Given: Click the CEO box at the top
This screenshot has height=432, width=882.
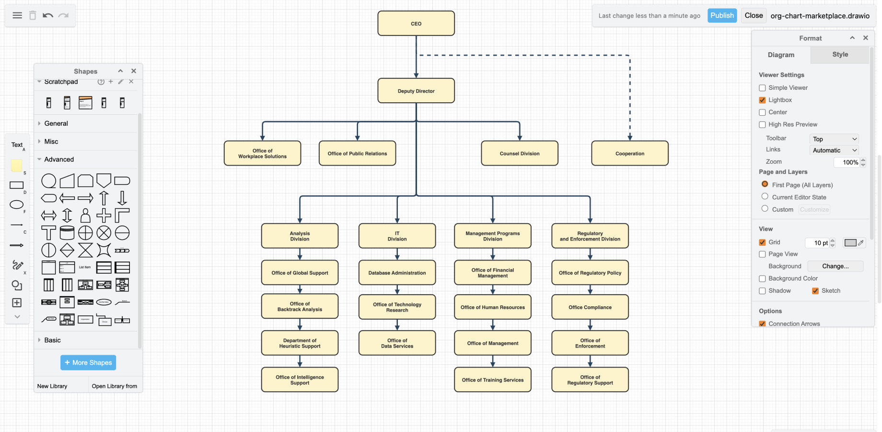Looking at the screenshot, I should point(416,24).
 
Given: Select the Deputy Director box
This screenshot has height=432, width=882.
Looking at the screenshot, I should point(416,91).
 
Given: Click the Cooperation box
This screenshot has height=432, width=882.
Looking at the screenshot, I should point(629,154).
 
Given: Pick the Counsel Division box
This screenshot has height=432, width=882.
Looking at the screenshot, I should point(519,154).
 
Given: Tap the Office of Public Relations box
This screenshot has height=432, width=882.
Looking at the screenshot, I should point(357,154).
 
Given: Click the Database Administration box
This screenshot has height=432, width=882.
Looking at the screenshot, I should point(397,273).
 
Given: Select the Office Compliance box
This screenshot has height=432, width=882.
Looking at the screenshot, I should point(590,307).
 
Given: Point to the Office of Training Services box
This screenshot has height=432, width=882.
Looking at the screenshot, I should point(492,380).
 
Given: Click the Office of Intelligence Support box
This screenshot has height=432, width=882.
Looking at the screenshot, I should point(300,380).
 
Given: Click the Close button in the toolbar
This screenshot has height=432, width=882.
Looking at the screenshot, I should point(753,15).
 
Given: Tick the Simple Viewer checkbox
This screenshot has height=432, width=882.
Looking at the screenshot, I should point(762,88).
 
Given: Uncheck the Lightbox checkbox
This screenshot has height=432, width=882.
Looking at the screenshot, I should point(762,100).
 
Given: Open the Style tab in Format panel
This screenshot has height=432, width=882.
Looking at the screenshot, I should point(839,55).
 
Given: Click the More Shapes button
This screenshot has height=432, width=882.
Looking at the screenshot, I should point(88,362).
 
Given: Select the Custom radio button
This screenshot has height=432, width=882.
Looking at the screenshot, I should point(765,209).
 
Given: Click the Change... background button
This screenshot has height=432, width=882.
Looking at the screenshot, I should point(835,266).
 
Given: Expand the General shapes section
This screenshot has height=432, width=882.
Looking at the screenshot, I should point(56,123).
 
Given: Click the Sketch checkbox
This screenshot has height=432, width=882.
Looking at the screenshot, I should point(815,291).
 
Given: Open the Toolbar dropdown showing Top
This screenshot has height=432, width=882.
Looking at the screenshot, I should point(834,139).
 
